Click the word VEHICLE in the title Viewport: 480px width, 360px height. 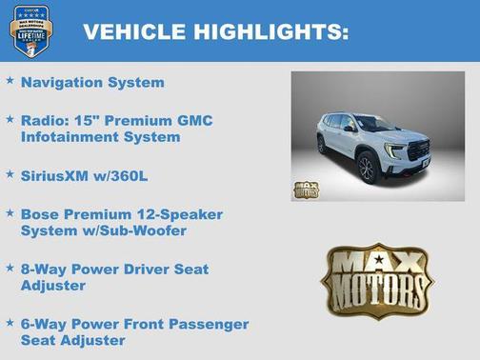pyautogui.click(x=134, y=32)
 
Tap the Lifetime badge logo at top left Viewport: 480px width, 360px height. pyautogui.click(x=30, y=30)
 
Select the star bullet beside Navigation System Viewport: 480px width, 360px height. pyautogui.click(x=10, y=81)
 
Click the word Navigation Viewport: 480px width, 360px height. pyautogui.click(x=64, y=82)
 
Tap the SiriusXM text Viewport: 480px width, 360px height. pyautogui.click(x=58, y=176)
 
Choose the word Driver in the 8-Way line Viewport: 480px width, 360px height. pyautogui.click(x=145, y=270)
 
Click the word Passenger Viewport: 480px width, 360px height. pyautogui.click(x=205, y=324)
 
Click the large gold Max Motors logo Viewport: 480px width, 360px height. pyautogui.click(x=376, y=281)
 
